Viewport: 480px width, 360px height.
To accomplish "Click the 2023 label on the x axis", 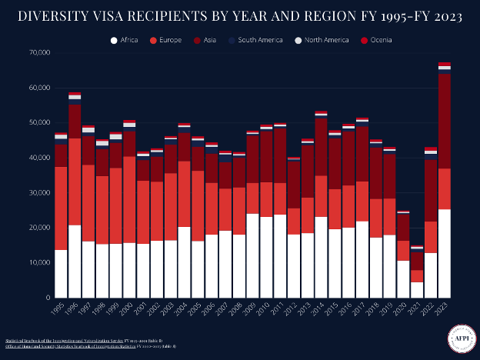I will (x=444, y=309).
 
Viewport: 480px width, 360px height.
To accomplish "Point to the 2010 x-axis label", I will (x=265, y=309).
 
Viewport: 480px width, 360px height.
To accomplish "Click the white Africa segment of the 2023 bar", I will (x=444, y=254).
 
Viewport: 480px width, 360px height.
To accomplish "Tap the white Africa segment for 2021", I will (x=416, y=290).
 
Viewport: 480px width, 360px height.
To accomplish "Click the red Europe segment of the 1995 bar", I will (x=61, y=208).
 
